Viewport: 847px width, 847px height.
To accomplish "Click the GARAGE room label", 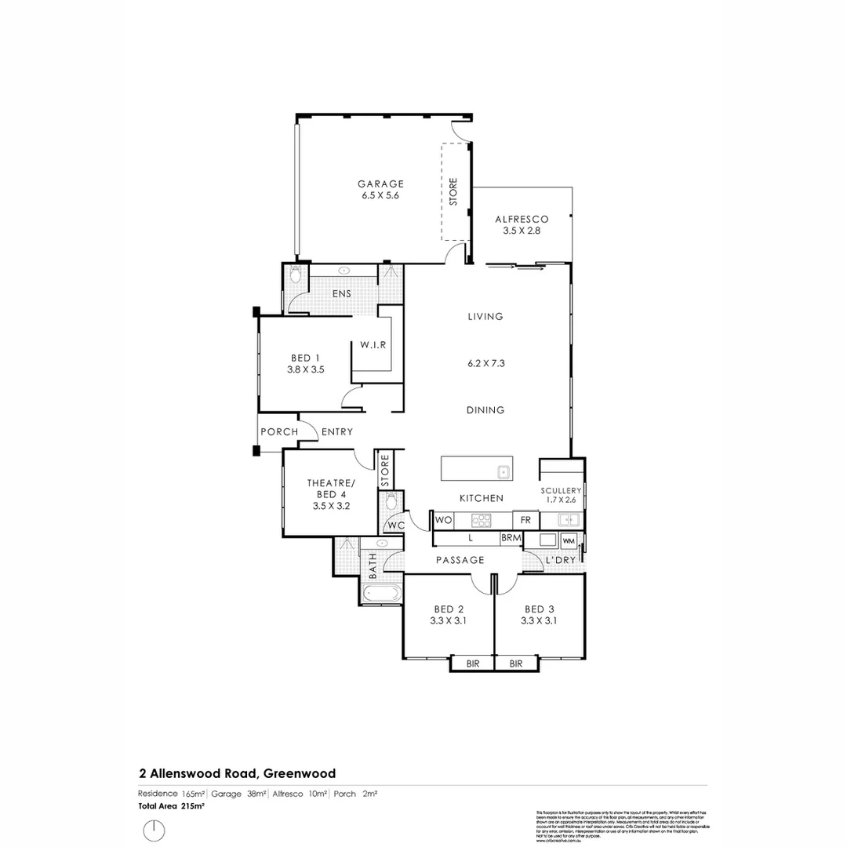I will [x=380, y=184].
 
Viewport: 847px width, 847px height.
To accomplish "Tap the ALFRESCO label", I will [x=522, y=219].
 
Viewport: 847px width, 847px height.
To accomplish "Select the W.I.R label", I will [x=373, y=345].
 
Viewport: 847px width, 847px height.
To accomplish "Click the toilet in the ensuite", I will [x=295, y=274].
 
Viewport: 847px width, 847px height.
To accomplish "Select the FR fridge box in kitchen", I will [x=525, y=519].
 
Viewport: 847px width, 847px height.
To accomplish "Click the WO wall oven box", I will [x=442, y=519].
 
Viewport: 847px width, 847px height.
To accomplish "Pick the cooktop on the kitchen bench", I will [x=481, y=519].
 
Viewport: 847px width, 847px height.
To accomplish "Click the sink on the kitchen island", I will [x=503, y=471].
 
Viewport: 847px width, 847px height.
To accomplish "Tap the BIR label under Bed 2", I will [x=473, y=663].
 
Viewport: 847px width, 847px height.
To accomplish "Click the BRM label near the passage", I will [x=511, y=539].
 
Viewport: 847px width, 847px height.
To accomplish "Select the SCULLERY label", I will [x=561, y=490].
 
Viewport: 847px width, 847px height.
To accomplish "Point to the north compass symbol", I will [x=154, y=829].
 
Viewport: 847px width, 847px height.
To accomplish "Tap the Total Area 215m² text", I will [x=172, y=805].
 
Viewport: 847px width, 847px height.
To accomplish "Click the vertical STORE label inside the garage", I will [x=453, y=193].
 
